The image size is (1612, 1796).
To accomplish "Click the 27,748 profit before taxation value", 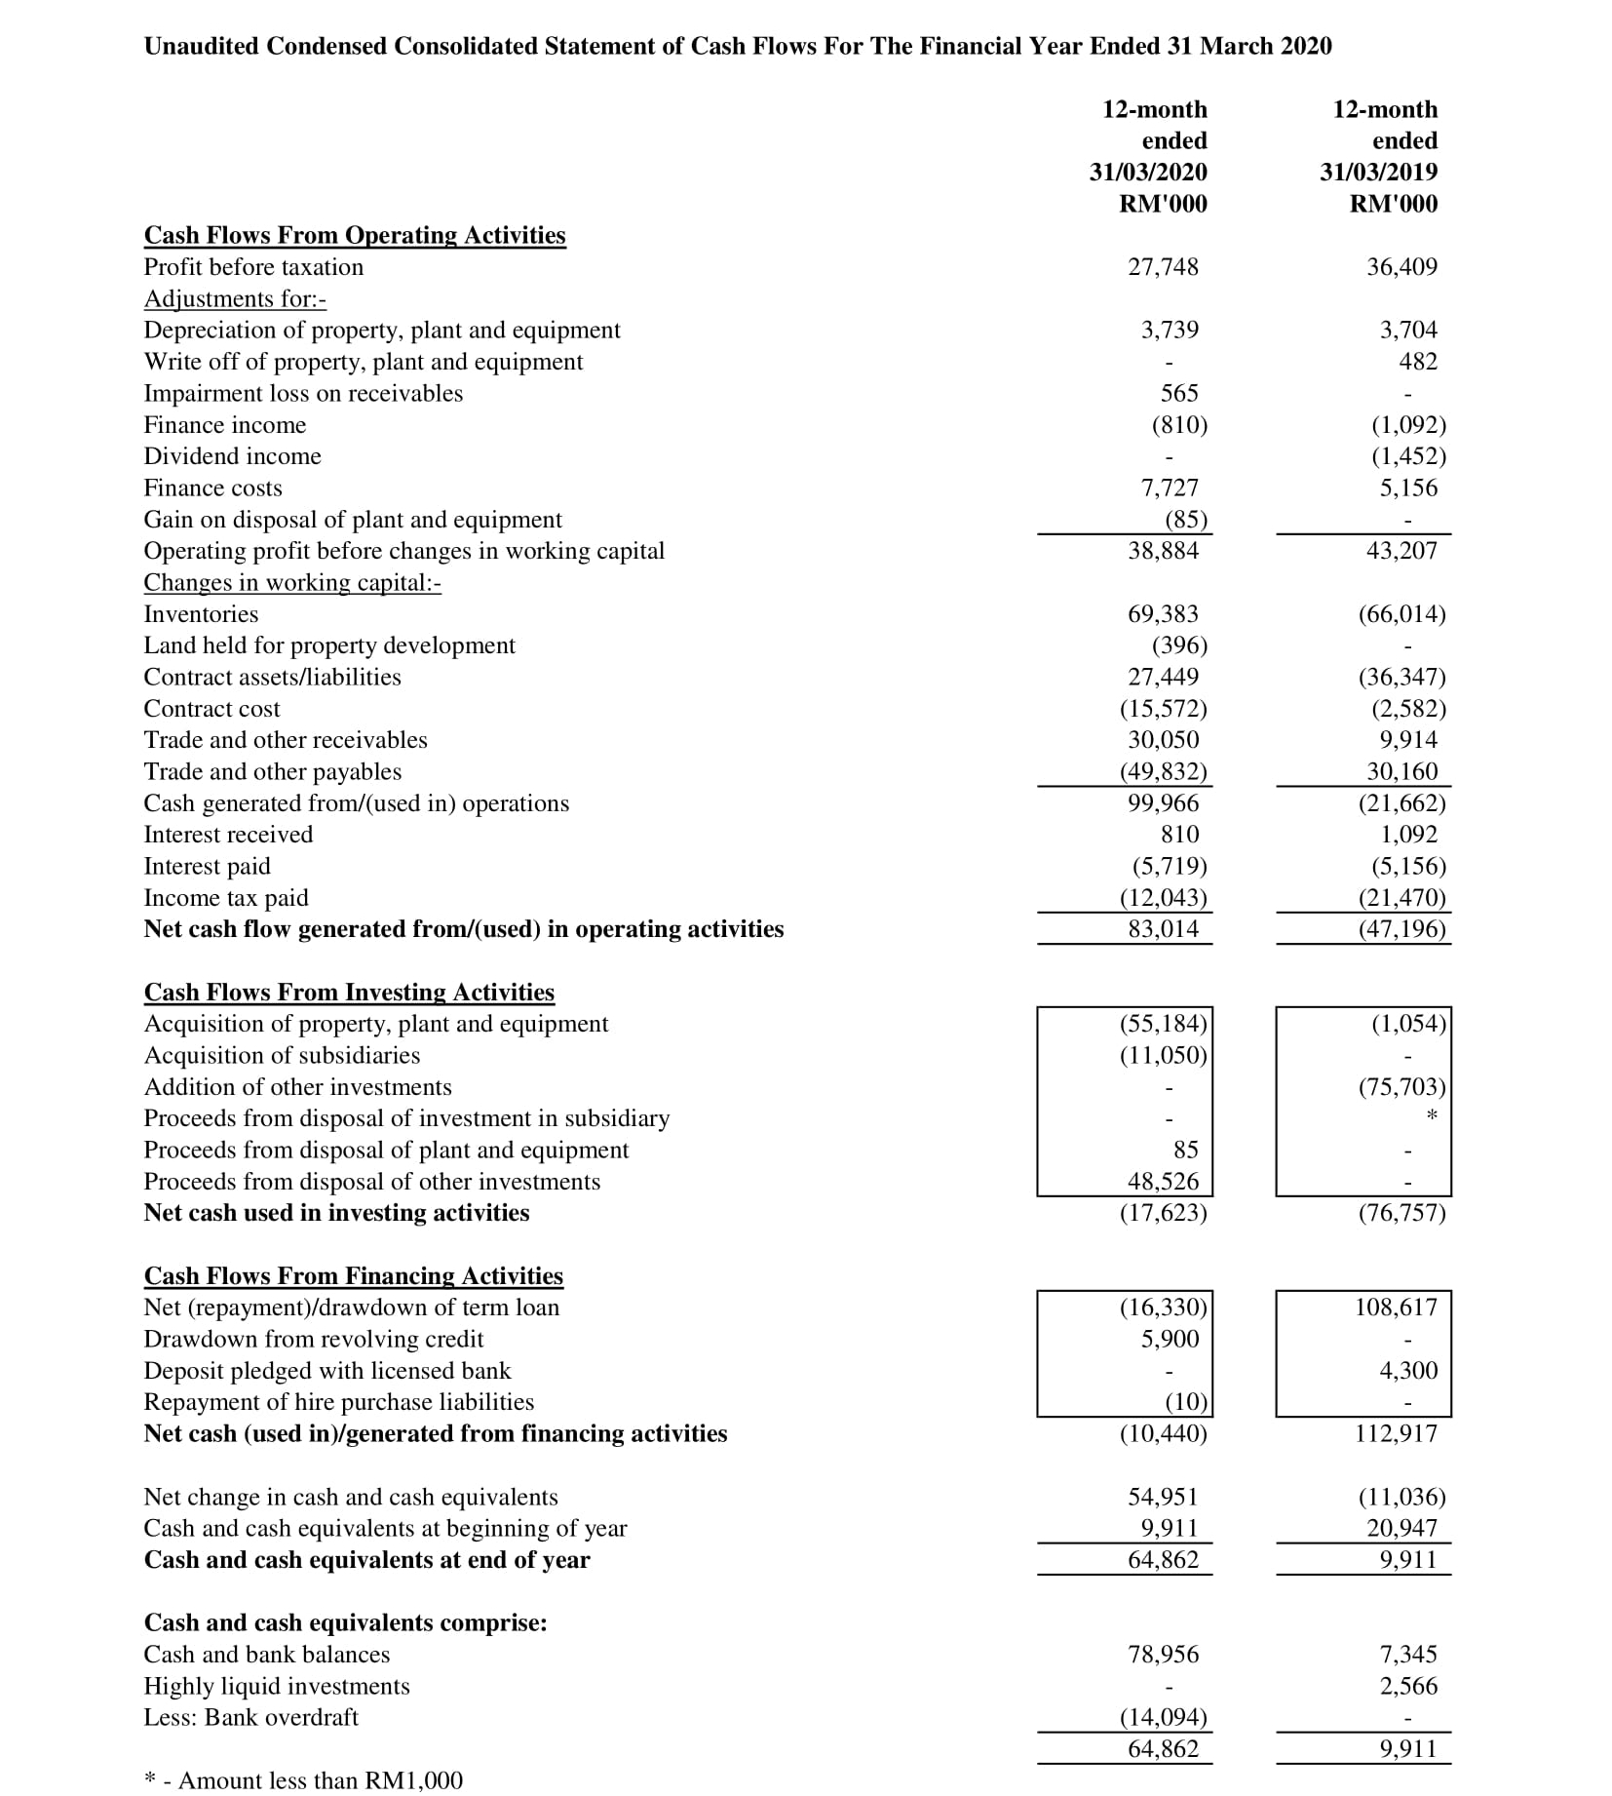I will (1163, 267).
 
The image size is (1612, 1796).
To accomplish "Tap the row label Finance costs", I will (212, 488).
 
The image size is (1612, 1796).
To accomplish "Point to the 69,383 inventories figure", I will (1163, 614).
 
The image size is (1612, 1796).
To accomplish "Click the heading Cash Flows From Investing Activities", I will (349, 992).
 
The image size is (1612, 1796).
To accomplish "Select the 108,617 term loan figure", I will (1396, 1308).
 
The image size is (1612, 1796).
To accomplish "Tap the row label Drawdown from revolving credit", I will (313, 1339).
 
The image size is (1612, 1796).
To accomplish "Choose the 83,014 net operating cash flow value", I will (1163, 929).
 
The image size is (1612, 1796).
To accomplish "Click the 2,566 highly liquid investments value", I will (1408, 1686).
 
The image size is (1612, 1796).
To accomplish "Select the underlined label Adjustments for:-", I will (235, 298).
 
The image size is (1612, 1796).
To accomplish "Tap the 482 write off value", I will (1418, 362).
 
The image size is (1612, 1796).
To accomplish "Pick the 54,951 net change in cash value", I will (1163, 1497).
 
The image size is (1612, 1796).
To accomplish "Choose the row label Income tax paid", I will (226, 898).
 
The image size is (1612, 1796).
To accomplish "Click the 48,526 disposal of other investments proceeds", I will (1163, 1182).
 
